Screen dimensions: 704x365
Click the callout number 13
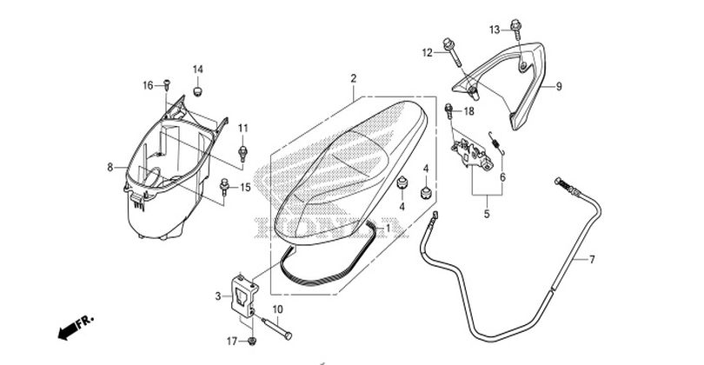point(494,30)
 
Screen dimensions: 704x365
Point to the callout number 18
point(468,111)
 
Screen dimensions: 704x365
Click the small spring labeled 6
point(497,142)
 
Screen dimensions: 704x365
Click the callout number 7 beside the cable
point(592,260)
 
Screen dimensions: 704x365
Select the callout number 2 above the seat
point(354,78)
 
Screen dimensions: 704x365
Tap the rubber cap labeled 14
point(197,90)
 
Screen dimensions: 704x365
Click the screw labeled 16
point(167,83)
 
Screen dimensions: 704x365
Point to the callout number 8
point(110,168)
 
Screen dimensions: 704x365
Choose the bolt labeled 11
point(243,153)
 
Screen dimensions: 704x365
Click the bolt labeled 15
point(224,186)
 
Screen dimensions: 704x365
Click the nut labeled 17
point(252,341)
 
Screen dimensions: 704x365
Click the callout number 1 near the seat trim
point(388,229)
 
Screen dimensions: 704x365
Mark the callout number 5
point(487,214)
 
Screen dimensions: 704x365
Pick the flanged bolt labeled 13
point(516,28)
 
